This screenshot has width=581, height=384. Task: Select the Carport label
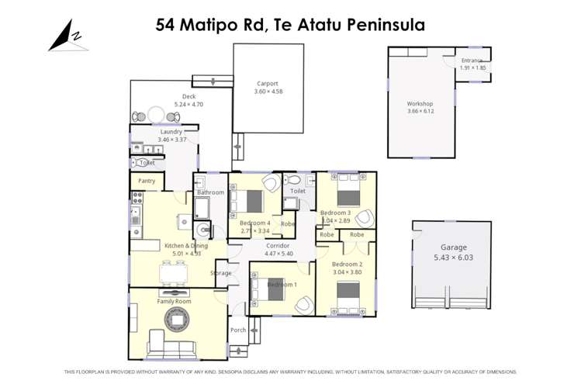coord(267,84)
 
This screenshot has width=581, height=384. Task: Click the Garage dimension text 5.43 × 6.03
coord(451,257)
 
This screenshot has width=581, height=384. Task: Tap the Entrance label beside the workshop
coord(472,61)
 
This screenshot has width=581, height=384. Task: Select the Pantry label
coord(147,181)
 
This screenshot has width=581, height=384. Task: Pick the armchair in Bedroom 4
coord(270,183)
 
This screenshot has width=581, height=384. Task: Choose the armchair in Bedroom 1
coord(304,304)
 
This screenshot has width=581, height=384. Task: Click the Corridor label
coord(278,246)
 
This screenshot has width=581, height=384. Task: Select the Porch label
coord(238,330)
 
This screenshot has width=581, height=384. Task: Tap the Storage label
coord(220,273)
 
